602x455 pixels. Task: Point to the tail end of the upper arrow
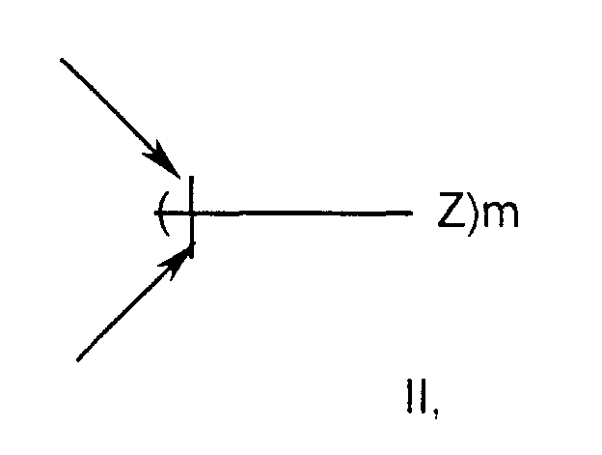pos(62,60)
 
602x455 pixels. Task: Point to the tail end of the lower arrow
pos(77,360)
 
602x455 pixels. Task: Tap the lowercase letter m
pos(500,215)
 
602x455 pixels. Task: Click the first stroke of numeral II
pos(411,399)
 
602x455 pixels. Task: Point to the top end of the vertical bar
pos(193,177)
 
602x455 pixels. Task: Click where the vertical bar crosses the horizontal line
pos(193,213)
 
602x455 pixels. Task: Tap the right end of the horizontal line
pos(413,213)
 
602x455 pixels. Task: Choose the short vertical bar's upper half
pos(193,194)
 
